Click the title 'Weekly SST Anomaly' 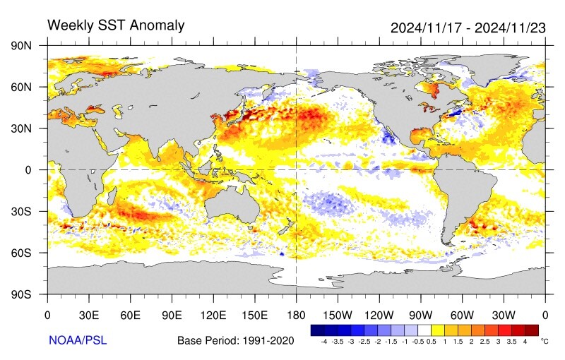(116, 26)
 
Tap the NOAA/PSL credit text (78, 340)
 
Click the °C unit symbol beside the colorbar (545, 341)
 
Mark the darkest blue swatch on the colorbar (317, 330)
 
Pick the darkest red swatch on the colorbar (532, 330)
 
